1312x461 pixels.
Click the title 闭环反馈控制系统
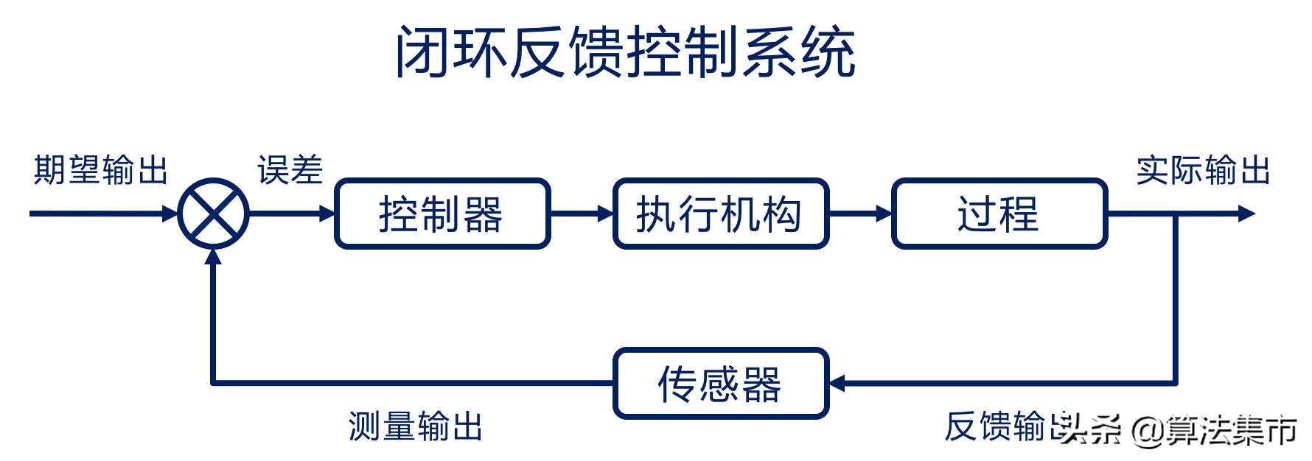pyautogui.click(x=625, y=52)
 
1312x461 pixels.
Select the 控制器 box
pyautogui.click(x=442, y=214)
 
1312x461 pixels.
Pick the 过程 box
pyautogui.click(x=999, y=214)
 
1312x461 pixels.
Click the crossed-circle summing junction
pyautogui.click(x=214, y=214)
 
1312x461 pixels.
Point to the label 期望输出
pyautogui.click(x=101, y=170)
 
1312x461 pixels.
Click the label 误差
pyautogui.click(x=290, y=170)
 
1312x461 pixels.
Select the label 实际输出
pyautogui.click(x=1203, y=170)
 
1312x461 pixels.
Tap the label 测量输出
pyautogui.click(x=416, y=426)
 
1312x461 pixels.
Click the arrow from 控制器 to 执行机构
pyautogui.click(x=582, y=214)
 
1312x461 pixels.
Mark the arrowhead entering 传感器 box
pyautogui.click(x=837, y=383)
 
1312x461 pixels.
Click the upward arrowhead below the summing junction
pyautogui.click(x=214, y=257)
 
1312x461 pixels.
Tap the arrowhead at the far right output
pyautogui.click(x=1247, y=214)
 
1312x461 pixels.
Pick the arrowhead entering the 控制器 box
pyautogui.click(x=327, y=214)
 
